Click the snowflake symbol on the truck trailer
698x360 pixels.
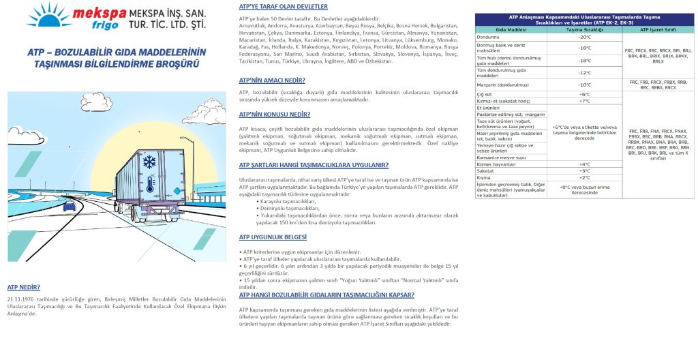148,162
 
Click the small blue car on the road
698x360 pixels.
69,205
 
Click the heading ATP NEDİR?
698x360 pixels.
23,287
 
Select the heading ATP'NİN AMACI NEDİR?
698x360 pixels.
272,79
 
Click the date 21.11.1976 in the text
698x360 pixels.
21,299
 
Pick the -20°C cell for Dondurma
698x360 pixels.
583,37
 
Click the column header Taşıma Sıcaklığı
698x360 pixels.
583,30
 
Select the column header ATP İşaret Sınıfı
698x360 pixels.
658,30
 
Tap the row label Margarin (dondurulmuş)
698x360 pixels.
505,85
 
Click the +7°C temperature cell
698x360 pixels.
583,101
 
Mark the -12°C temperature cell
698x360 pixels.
583,72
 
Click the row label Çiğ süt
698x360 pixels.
485,94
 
